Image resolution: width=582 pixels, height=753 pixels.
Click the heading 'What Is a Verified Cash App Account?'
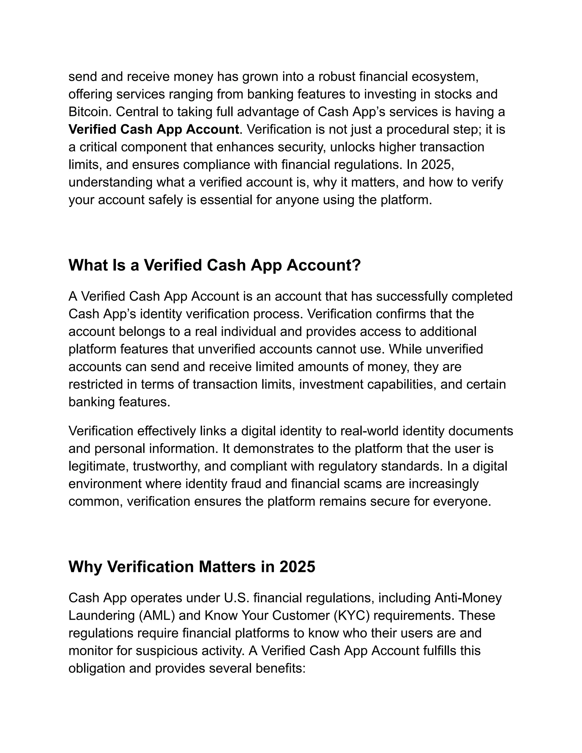[x=215, y=265]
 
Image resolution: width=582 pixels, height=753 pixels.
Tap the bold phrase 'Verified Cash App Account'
[x=154, y=130]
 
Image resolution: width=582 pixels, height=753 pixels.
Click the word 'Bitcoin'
[x=90, y=112]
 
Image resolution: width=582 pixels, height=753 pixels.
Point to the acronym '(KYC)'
[x=352, y=615]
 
